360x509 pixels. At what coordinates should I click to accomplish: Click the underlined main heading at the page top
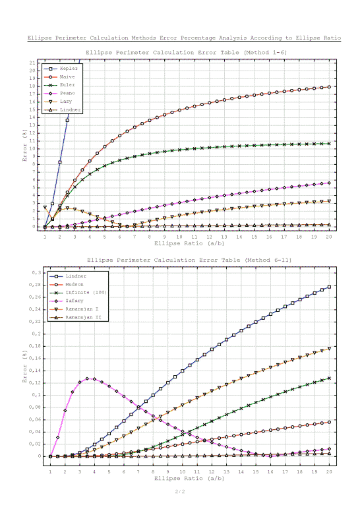184,38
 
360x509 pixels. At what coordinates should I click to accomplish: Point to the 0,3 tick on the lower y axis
36,272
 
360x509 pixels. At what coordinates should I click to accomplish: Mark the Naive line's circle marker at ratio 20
329,87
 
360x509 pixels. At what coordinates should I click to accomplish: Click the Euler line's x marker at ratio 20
329,143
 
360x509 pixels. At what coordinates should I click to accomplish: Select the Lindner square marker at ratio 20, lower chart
329,287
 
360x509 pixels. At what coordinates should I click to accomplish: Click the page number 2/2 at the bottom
179,491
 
